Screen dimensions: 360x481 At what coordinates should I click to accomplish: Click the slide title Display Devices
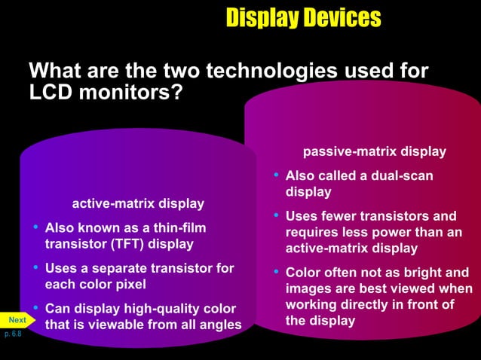(303, 18)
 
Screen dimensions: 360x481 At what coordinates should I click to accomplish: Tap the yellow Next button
(17, 320)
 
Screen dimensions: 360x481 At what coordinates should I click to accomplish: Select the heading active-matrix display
(137, 204)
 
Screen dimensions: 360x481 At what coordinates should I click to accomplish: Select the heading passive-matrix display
(374, 152)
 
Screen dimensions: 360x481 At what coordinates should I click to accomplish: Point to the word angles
(219, 325)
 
